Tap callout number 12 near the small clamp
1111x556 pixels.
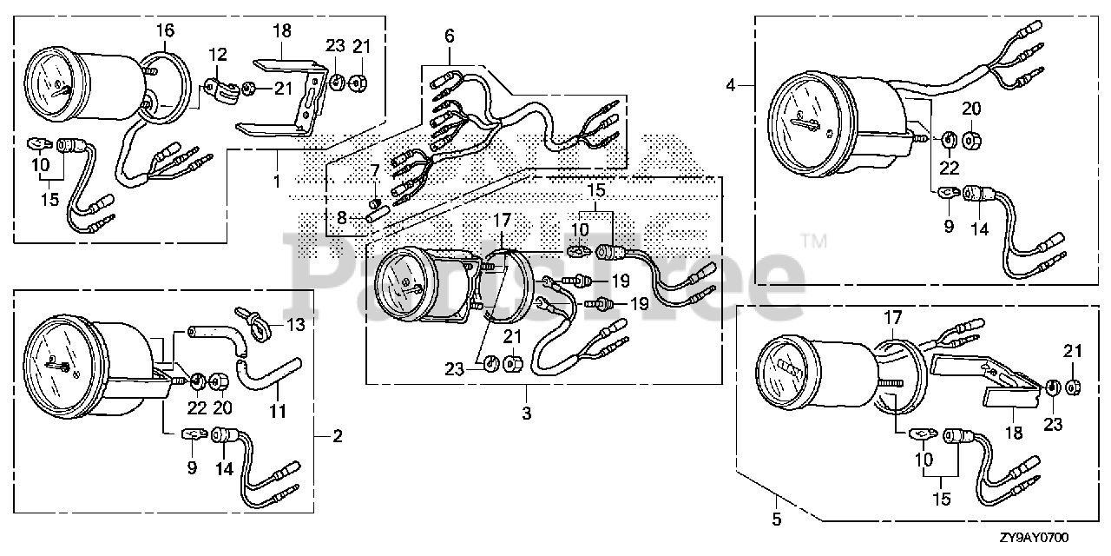tap(216, 55)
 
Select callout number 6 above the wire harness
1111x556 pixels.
tap(449, 36)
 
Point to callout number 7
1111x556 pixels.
tap(375, 169)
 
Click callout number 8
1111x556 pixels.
tap(342, 217)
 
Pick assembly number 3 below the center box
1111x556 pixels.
tap(526, 414)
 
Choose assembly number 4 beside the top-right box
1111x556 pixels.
tap(731, 85)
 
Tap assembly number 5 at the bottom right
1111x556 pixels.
tap(777, 520)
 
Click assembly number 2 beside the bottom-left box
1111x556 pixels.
tap(338, 436)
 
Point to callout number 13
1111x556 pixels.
tap(296, 326)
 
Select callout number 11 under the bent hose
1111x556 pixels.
tap(277, 411)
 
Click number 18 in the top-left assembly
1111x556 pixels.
tap(281, 31)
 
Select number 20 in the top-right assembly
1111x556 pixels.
tap(971, 109)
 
